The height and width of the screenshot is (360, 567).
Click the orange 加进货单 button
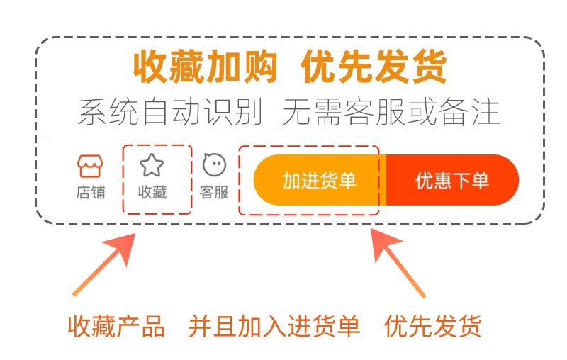pyautogui.click(x=320, y=181)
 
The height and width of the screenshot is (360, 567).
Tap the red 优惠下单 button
pyautogui.click(x=452, y=181)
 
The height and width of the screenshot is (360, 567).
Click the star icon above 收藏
pyautogui.click(x=152, y=166)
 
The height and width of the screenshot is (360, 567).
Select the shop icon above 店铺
pyautogui.click(x=90, y=166)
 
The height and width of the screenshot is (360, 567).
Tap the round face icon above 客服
pyautogui.click(x=214, y=166)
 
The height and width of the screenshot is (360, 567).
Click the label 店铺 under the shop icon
pyautogui.click(x=90, y=192)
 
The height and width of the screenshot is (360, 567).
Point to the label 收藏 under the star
pyautogui.click(x=152, y=192)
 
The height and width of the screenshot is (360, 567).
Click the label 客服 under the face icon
pyautogui.click(x=214, y=192)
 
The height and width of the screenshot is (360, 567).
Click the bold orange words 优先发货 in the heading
pyautogui.click(x=374, y=68)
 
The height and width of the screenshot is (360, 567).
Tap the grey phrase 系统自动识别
pyautogui.click(x=170, y=112)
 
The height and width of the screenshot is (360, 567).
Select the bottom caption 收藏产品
pyautogui.click(x=116, y=327)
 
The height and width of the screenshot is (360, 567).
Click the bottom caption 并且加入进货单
pyautogui.click(x=274, y=327)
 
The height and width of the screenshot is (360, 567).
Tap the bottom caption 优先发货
pyautogui.click(x=433, y=327)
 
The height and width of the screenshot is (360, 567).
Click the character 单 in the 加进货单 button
pyautogui.click(x=347, y=181)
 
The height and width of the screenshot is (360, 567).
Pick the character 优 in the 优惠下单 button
pyautogui.click(x=425, y=181)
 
